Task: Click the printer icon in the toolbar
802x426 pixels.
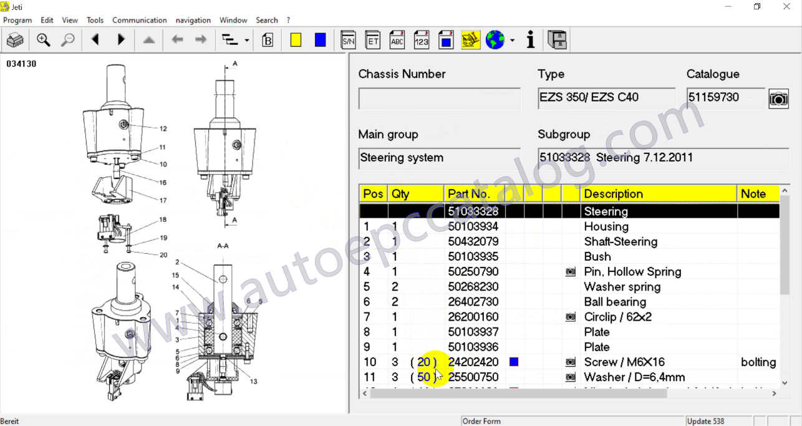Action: [x=15, y=41]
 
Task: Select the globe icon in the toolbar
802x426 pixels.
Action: [x=495, y=41]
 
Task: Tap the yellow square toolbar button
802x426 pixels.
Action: [x=296, y=41]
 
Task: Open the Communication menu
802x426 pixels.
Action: [x=139, y=20]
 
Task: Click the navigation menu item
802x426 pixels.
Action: [x=193, y=20]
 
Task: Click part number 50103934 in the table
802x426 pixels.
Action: [x=473, y=226]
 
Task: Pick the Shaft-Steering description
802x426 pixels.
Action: [x=621, y=241]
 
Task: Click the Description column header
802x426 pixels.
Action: [x=613, y=194]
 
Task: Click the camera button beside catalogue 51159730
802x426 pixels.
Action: [x=778, y=99]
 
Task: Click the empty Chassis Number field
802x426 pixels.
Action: [x=439, y=99]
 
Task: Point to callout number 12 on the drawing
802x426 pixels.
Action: [x=163, y=129]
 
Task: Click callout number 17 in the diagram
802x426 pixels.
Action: [x=163, y=200]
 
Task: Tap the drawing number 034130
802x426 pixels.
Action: [x=22, y=64]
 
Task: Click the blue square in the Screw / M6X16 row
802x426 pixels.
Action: [x=514, y=362]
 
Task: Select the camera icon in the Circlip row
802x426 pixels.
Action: [x=570, y=317]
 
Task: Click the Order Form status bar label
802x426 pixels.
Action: [x=481, y=421]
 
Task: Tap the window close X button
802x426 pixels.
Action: [x=786, y=7]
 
